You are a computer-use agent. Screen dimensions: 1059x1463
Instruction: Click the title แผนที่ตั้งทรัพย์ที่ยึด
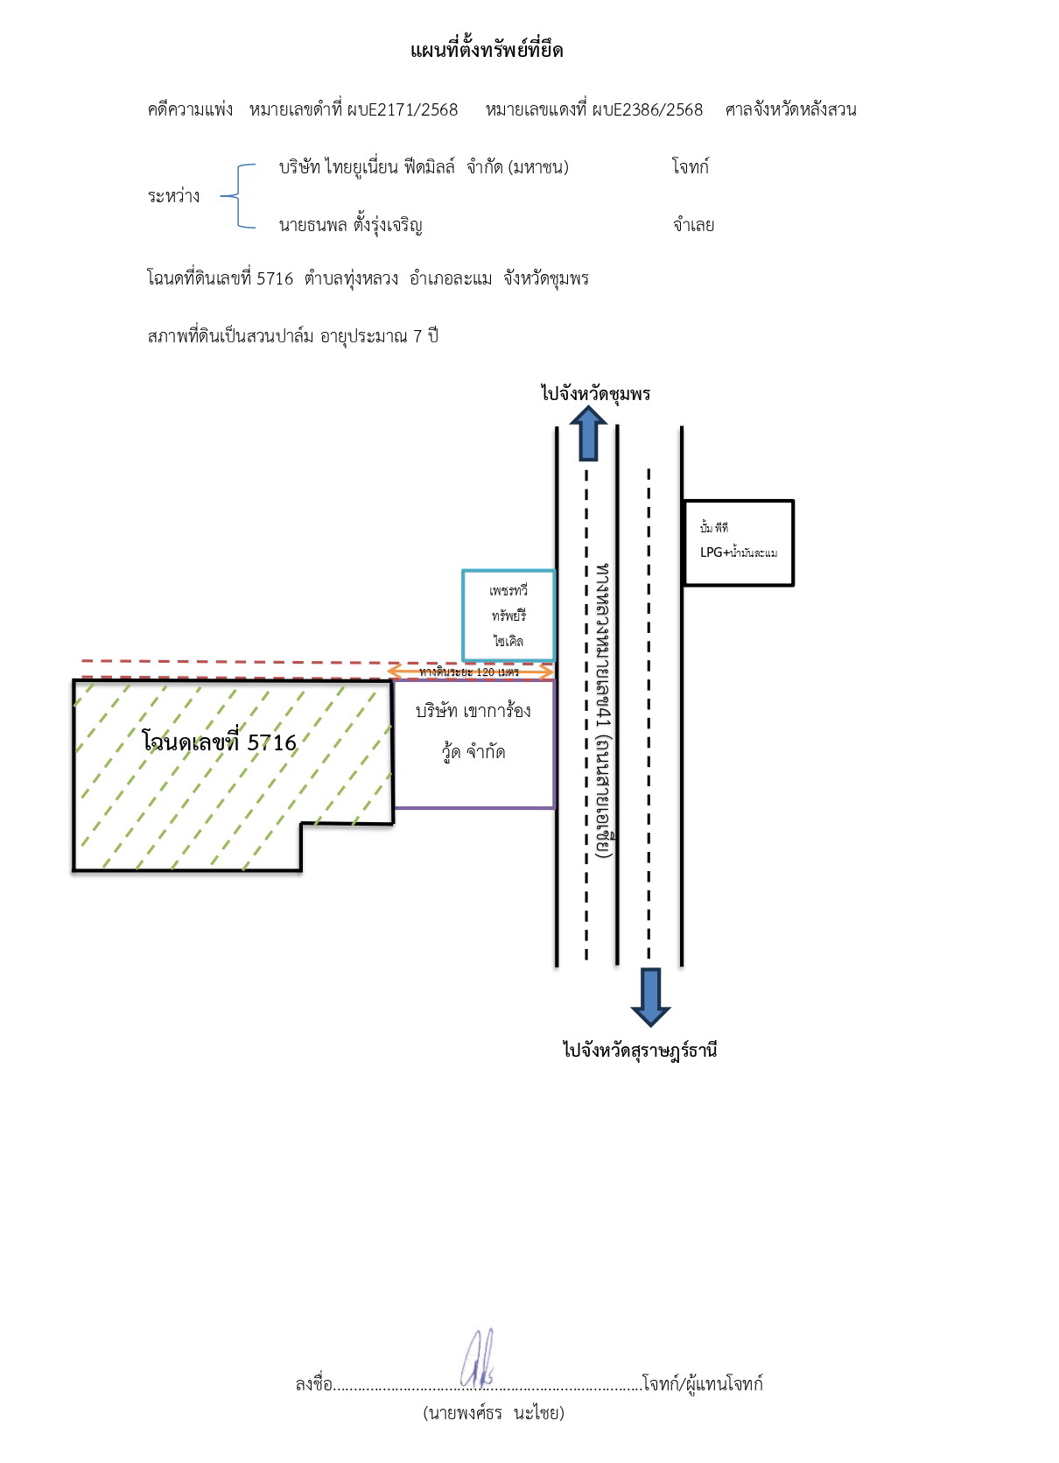pos(487,50)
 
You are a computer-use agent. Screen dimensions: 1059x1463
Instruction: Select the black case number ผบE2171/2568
pos(403,109)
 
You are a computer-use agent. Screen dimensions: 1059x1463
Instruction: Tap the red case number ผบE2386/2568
pos(647,109)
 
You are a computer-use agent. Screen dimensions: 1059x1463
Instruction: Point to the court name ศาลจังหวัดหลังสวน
pos(790,109)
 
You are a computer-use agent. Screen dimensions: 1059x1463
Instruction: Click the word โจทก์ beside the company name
pos(691,167)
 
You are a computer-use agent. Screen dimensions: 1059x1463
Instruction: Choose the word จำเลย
pos(693,225)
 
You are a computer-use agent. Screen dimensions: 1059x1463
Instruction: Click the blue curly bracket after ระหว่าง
pos(238,196)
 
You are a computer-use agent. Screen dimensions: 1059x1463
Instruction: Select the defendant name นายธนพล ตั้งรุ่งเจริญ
pos(351,225)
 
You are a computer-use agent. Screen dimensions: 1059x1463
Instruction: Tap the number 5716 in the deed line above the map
pos(275,279)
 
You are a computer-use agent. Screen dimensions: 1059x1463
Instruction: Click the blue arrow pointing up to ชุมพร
pos(588,433)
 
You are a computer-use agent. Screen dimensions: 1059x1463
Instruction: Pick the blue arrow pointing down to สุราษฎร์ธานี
pos(650,996)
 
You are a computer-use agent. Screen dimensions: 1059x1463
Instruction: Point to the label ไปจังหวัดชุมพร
pos(595,394)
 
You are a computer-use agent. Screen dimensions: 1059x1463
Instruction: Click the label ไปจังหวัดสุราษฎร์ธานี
pos(640,1051)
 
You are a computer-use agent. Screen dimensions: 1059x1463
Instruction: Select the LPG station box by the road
pos(739,543)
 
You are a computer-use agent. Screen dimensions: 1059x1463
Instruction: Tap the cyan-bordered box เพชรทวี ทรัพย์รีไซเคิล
pos(508,615)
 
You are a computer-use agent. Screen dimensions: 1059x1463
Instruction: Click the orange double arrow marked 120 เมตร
pos(470,672)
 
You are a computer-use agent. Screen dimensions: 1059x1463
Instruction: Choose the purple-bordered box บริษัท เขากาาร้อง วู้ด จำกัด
pos(474,744)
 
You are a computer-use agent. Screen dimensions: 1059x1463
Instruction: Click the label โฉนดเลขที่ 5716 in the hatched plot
pos(219,742)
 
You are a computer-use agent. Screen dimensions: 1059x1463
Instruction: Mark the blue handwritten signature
pos(478,1360)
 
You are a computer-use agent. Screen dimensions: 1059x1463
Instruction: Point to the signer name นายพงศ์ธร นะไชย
pos(494,1413)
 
